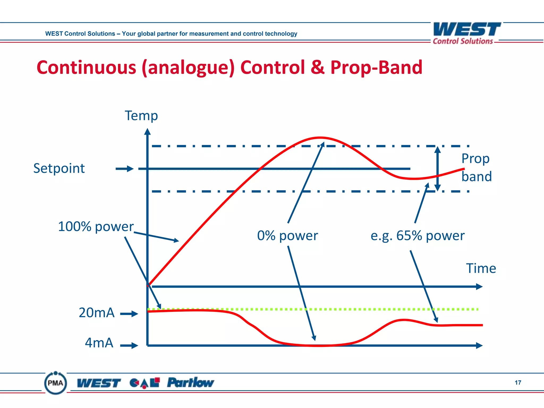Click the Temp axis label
pyautogui.click(x=141, y=116)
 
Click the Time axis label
pyautogui.click(x=481, y=268)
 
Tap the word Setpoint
pyautogui.click(x=59, y=168)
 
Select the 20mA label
pyautogui.click(x=96, y=313)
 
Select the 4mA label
pyautogui.click(x=99, y=343)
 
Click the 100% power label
pyautogui.click(x=96, y=227)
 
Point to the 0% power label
pyautogui.click(x=287, y=236)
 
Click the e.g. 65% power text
pyautogui.click(x=417, y=236)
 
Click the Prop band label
pyautogui.click(x=476, y=168)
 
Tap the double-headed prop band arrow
pyautogui.click(x=437, y=169)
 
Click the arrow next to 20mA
pyautogui.click(x=129, y=314)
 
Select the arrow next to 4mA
pyautogui.click(x=129, y=346)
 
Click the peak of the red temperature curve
pyautogui.click(x=321, y=138)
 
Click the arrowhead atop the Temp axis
pyautogui.click(x=147, y=132)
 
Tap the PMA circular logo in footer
pyautogui.click(x=56, y=383)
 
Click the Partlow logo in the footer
pyautogui.click(x=190, y=383)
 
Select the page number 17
pyautogui.click(x=518, y=382)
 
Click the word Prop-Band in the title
pyautogui.click(x=376, y=67)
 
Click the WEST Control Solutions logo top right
pyautogui.click(x=466, y=33)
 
